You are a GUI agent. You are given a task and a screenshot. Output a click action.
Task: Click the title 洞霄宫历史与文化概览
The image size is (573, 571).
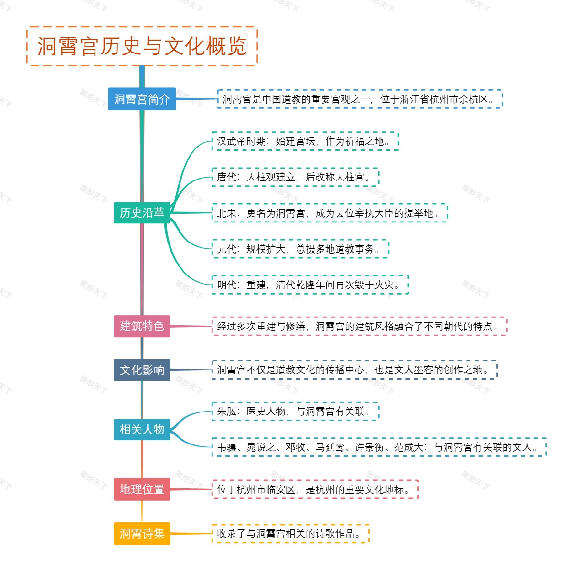coord(142,46)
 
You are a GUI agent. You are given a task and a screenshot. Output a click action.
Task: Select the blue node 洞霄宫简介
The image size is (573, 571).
coord(142,99)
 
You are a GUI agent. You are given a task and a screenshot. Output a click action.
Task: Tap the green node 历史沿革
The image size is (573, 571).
coord(142,212)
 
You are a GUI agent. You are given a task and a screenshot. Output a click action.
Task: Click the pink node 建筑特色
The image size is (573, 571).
coord(142,326)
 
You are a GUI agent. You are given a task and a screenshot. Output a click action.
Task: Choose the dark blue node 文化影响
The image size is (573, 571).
coord(142,370)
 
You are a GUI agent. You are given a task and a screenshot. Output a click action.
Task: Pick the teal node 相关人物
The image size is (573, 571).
coord(142,429)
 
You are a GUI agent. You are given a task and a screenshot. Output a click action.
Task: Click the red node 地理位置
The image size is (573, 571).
coord(142,489)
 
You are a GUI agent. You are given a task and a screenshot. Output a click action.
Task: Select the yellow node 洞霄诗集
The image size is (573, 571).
coord(142,533)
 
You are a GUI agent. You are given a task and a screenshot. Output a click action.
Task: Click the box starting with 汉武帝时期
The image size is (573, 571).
coord(305,141)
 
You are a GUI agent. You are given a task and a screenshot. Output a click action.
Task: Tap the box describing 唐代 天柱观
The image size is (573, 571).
coord(295,177)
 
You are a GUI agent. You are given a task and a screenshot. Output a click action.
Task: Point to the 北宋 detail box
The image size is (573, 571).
coord(329,213)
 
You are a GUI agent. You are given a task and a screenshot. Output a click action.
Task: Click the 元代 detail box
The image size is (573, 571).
coord(300,249)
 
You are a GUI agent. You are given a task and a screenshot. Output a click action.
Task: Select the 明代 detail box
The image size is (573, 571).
coord(310,285)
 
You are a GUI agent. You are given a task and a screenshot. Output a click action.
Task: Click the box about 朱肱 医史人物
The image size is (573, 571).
coord(295,411)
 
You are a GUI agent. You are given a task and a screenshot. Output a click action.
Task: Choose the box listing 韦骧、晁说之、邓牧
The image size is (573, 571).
coord(379,447)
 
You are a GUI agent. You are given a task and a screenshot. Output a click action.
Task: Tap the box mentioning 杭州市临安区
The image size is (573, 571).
coord(315,489)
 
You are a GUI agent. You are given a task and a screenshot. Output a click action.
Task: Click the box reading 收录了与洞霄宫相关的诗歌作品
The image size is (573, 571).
coord(290,534)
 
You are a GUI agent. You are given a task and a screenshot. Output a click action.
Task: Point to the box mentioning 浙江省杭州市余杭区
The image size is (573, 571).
coord(360,99)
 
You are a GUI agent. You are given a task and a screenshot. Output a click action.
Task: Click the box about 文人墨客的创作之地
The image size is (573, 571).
coord(354,370)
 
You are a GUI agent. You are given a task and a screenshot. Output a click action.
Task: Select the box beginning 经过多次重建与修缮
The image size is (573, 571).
coord(359,327)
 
